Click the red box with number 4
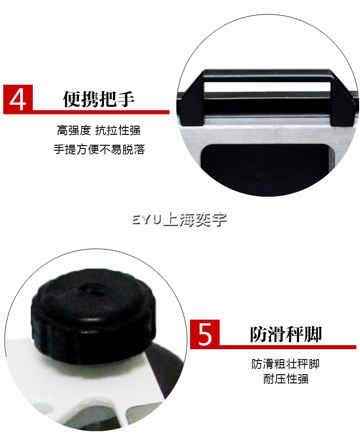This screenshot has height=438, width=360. coord(18,99)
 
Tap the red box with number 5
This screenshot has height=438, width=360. coord(205,334)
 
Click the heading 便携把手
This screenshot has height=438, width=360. coord(99,99)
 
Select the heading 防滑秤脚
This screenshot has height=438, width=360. coord(286,334)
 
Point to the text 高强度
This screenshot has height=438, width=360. coord(74,131)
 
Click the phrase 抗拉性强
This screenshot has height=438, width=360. coord(118,131)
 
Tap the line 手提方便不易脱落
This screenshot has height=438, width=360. coord(99,149)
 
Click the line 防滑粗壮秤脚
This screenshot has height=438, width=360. coord(285,364)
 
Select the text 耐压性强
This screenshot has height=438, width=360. coord(286,379)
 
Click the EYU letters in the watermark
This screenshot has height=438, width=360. coord(147,219)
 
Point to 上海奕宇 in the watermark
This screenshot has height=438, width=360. coord(195,219)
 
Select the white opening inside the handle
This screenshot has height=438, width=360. coord(267,87)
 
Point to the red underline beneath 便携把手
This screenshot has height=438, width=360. coord(101,112)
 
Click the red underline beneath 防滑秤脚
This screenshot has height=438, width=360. coord(288,347)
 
